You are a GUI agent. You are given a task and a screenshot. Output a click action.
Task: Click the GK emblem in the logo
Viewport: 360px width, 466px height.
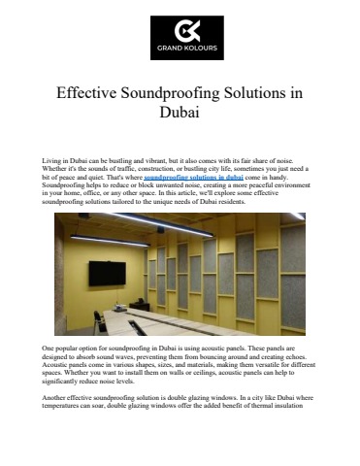(x=179, y=30)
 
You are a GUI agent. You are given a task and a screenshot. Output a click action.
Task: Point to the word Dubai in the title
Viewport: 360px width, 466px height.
(x=180, y=114)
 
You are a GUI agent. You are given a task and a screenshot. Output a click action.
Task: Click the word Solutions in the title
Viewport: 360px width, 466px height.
(x=261, y=94)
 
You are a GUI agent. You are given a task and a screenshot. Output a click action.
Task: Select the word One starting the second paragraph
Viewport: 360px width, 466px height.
(x=50, y=347)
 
